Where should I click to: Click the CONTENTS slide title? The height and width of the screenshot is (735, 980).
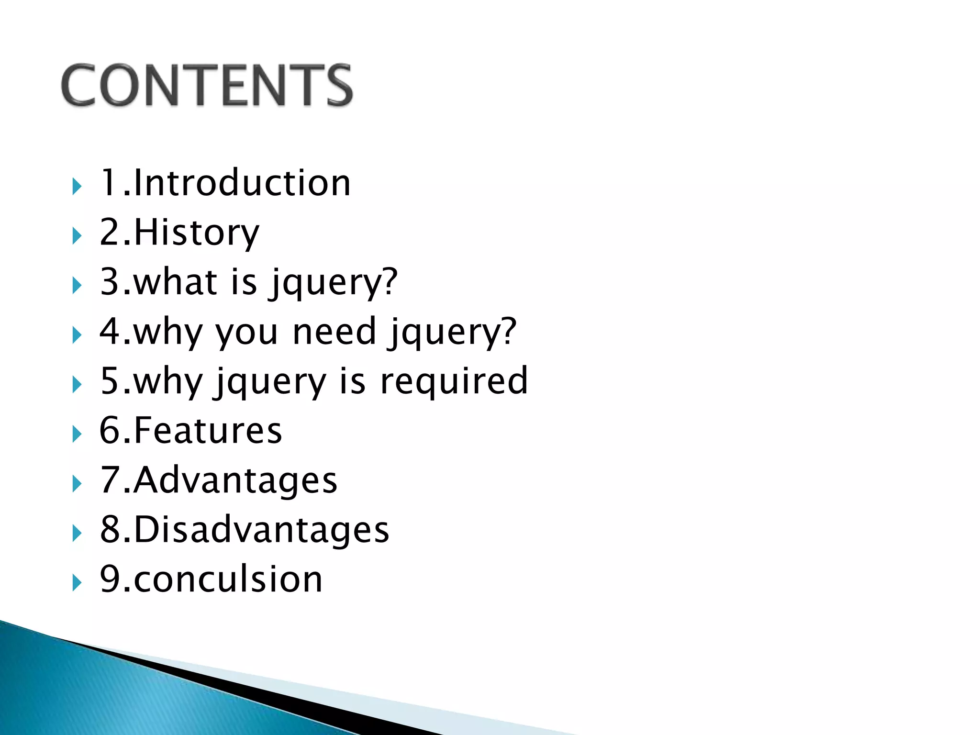207,85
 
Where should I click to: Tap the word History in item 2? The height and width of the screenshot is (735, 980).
196,233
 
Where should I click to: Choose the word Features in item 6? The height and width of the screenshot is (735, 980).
208,431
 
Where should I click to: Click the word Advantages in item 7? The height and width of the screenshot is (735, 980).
235,480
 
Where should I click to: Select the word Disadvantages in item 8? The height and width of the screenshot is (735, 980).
261,530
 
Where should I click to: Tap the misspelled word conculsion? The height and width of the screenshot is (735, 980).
228,579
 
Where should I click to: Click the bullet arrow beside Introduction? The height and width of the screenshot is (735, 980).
77,186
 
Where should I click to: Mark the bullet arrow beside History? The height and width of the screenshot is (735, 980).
77,236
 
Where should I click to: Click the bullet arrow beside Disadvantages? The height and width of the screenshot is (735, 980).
77,533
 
